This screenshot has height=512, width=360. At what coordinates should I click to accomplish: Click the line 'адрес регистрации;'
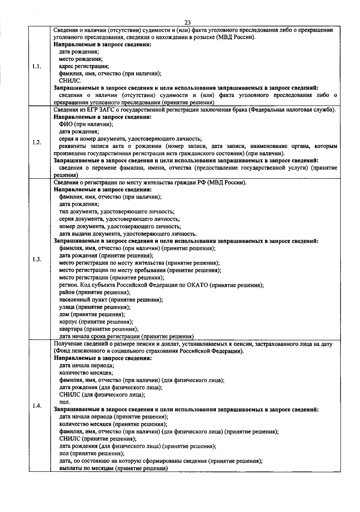[84, 66]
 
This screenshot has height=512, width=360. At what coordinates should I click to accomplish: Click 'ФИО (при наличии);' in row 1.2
[86, 124]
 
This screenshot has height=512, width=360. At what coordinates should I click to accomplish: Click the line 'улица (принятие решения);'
[94, 307]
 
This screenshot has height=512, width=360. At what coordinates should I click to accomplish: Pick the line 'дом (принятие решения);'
[92, 315]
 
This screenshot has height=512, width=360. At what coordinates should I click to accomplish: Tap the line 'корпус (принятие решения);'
[96, 322]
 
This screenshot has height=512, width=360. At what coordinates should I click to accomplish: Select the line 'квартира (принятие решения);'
[99, 329]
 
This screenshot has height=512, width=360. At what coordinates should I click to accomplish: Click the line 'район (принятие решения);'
[94, 292]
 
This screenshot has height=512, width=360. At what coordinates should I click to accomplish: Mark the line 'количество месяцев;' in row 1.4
[86, 373]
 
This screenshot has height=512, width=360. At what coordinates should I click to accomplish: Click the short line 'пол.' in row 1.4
[64, 402]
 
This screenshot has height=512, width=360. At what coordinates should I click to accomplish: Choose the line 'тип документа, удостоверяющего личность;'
[117, 212]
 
